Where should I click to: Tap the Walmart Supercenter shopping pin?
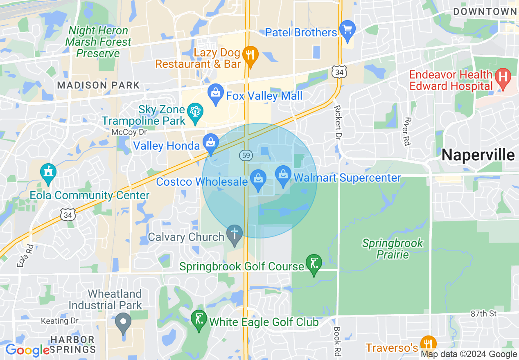point(283,175)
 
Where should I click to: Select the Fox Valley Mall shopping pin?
point(215,94)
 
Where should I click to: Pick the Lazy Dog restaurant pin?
point(250,56)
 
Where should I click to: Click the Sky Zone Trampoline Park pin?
point(195,112)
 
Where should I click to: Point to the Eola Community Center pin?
point(48,173)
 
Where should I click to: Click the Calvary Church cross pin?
point(235,235)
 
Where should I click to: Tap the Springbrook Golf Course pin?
point(314,264)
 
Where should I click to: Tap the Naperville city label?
point(478,155)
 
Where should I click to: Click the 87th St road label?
point(483,314)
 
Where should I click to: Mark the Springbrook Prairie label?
point(393,249)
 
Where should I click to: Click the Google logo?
point(27,350)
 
